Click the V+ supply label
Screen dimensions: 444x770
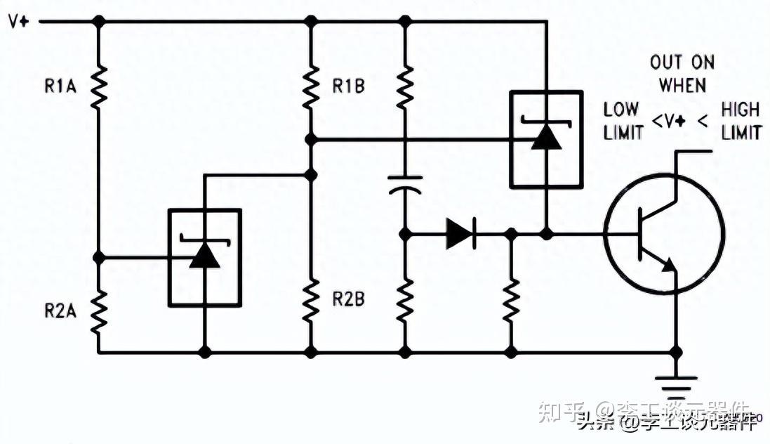point(18,21)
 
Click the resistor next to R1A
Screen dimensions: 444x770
point(99,85)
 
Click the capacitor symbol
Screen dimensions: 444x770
point(405,185)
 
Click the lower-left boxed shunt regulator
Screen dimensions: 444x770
point(205,258)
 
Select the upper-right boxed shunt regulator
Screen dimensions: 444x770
point(545,139)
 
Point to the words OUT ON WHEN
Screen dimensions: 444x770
point(682,74)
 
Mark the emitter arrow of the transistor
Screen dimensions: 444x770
point(669,265)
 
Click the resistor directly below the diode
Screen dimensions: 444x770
point(512,301)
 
